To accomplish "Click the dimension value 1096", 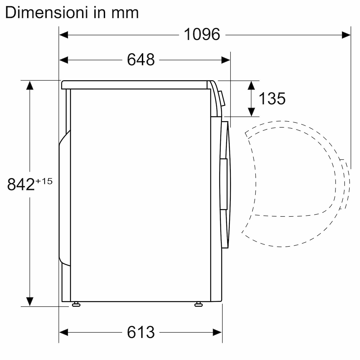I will tap(202, 35).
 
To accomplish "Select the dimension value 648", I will tap(141, 60).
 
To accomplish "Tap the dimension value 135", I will tap(272, 98).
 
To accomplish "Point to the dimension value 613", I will tap(141, 332).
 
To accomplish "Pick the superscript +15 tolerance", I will tap(44, 181).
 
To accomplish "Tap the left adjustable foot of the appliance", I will tap(76, 305).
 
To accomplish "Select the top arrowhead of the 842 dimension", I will tap(30, 85).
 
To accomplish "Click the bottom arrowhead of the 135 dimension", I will tap(252, 112).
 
